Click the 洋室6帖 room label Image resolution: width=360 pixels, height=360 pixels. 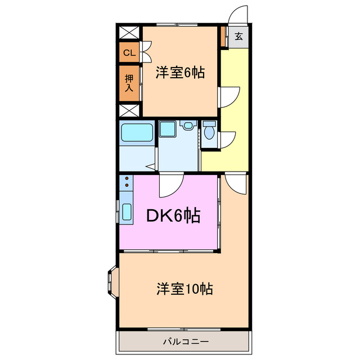coord(180,72)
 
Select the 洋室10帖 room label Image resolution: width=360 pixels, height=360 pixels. coord(184,289)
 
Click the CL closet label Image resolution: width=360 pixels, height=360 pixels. coord(129,53)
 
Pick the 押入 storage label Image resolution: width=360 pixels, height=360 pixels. coord(129,83)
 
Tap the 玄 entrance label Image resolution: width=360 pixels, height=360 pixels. coord(238,37)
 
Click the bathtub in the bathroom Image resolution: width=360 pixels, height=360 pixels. coord(137,133)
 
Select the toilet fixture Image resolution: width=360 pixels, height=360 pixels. coord(209,131)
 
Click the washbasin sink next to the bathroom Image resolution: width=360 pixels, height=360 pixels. coord(168,129)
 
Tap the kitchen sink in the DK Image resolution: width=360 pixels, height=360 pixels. coord(126,213)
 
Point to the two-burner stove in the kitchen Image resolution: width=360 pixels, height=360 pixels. coord(126,182)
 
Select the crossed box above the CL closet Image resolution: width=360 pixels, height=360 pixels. coord(129,32)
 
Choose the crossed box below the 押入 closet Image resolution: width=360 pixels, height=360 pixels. coord(129,110)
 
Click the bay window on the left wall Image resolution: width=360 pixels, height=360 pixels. coord(111,281)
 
